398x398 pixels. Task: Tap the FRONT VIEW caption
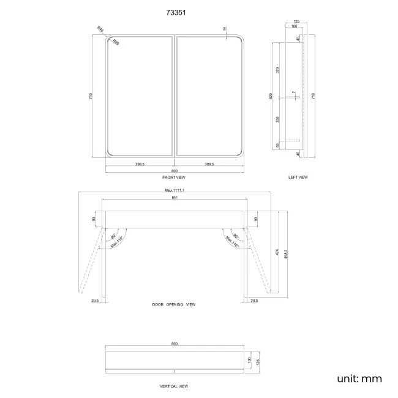click(x=174, y=177)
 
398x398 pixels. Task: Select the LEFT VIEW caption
click(x=298, y=177)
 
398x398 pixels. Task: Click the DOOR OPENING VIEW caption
click(x=174, y=304)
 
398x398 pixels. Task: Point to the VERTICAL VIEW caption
click(x=174, y=386)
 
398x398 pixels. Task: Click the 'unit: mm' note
click(x=359, y=378)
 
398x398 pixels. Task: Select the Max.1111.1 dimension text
click(x=175, y=190)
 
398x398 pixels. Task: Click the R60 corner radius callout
click(x=100, y=29)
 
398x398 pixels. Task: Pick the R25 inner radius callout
click(x=116, y=43)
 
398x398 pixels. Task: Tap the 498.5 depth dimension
click(x=287, y=253)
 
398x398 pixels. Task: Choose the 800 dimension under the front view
click(x=175, y=171)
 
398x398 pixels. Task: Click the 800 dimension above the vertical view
click(x=175, y=344)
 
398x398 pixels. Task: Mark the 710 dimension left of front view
click(x=91, y=97)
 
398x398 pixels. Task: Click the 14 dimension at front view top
click(x=225, y=29)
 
